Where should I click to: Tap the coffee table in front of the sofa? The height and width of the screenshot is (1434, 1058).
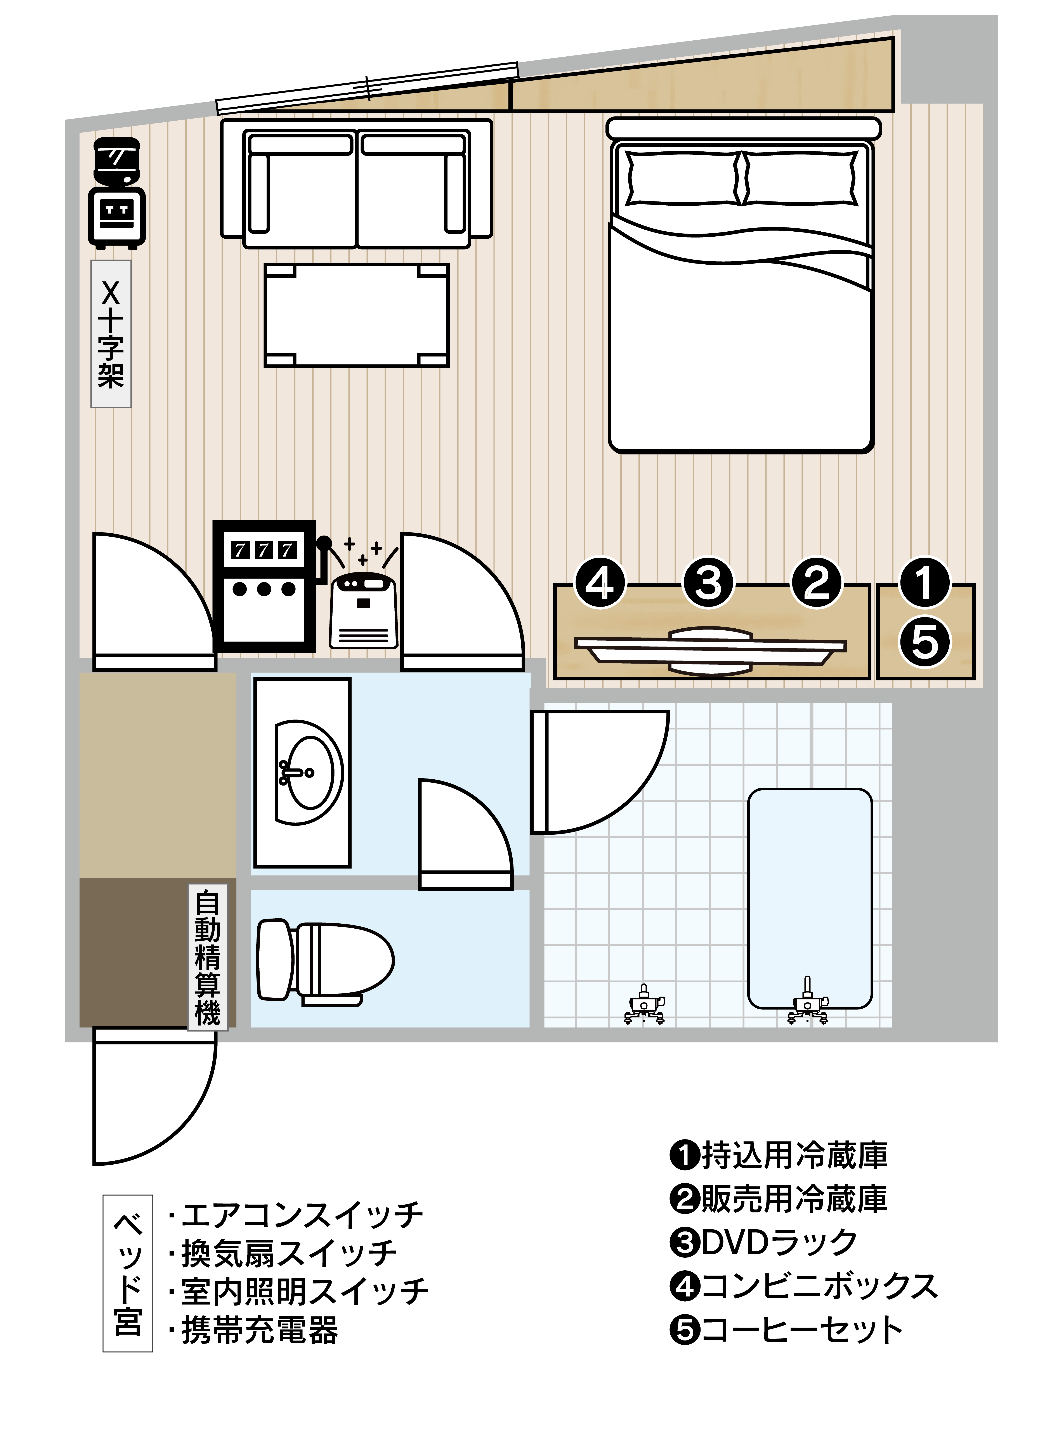coord(357,315)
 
